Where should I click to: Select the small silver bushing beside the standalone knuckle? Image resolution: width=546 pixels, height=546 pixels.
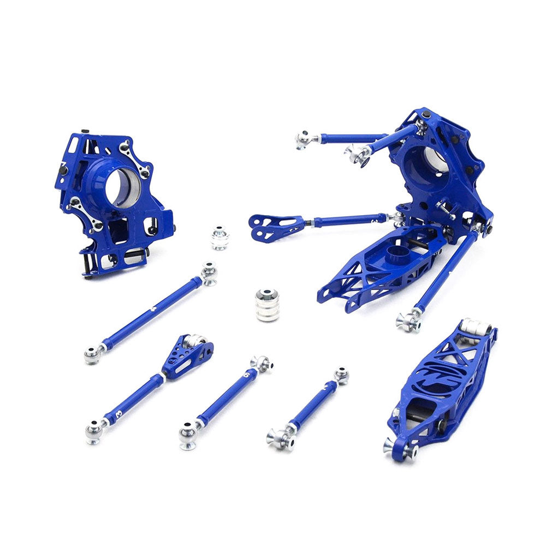tap(220, 238)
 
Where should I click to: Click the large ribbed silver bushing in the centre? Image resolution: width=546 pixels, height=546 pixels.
tap(268, 305)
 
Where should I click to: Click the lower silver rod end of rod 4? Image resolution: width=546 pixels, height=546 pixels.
tap(93, 354)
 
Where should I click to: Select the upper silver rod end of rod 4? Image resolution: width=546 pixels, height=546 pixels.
tap(208, 272)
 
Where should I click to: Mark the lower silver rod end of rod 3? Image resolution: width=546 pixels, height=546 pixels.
tap(94, 431)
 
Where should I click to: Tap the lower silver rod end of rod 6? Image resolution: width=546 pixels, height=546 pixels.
tap(188, 435)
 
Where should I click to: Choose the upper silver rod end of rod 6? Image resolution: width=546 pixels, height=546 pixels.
tap(262, 364)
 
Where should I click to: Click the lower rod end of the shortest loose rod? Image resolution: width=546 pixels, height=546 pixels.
tap(277, 437)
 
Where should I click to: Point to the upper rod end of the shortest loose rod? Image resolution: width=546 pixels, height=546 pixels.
tap(341, 376)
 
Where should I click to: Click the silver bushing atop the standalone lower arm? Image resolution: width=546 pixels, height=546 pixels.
tap(472, 328)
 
